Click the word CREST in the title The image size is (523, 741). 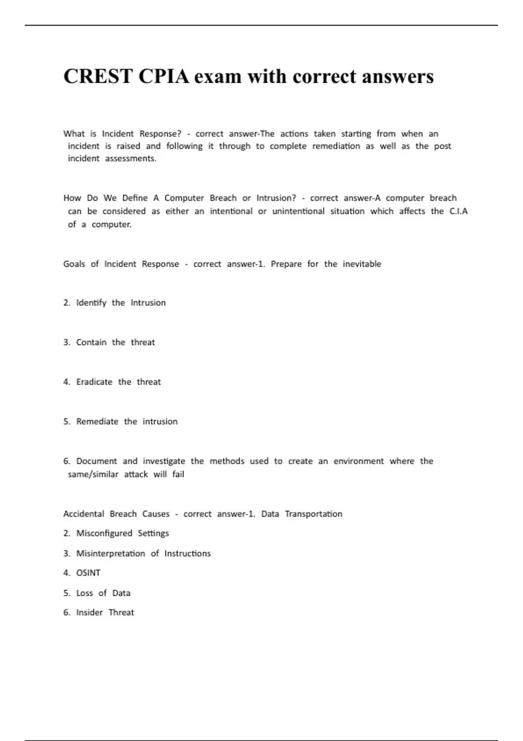(x=98, y=76)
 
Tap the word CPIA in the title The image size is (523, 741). (x=164, y=76)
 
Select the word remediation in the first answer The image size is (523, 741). (x=336, y=146)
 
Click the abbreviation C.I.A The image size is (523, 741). (x=458, y=211)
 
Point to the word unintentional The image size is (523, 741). (x=298, y=211)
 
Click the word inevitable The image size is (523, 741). (x=362, y=264)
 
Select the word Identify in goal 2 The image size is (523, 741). (x=91, y=303)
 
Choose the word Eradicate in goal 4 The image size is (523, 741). (x=94, y=382)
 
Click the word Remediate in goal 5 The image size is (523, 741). (x=97, y=421)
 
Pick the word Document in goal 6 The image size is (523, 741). (x=96, y=461)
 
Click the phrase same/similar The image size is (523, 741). (x=93, y=474)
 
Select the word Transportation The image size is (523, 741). (x=313, y=514)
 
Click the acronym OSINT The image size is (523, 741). (x=88, y=573)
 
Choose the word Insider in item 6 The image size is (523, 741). (x=89, y=612)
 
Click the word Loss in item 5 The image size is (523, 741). (x=85, y=593)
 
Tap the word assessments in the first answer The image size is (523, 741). (x=130, y=159)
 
